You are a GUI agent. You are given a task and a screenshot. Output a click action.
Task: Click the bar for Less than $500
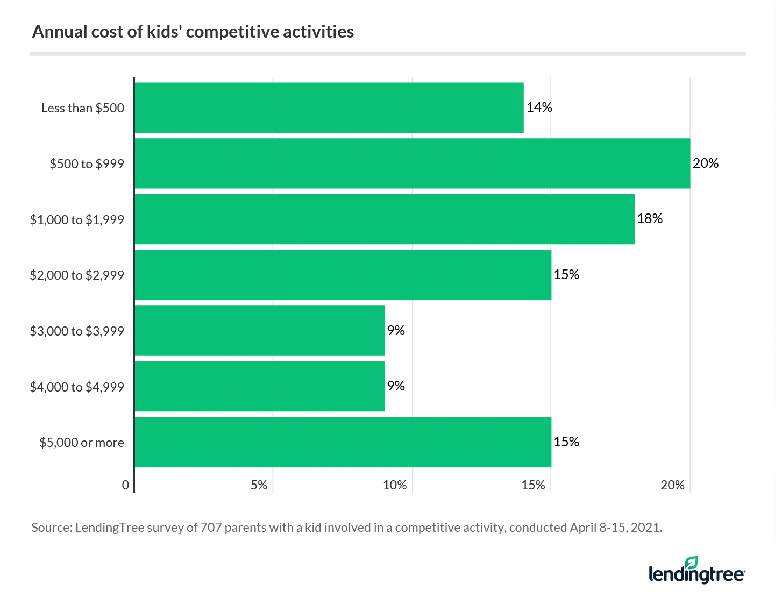[329, 108]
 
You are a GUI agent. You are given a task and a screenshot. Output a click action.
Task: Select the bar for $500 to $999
[412, 163]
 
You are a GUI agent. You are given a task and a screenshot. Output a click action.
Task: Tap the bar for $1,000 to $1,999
[384, 219]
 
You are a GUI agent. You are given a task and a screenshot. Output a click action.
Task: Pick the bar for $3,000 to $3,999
[259, 331]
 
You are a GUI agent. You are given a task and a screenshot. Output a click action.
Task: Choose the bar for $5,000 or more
[343, 442]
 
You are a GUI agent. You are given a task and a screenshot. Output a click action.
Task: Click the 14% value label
[539, 108]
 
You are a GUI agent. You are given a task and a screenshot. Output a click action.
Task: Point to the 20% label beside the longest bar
[705, 163]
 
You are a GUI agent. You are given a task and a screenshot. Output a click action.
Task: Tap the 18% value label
[650, 219]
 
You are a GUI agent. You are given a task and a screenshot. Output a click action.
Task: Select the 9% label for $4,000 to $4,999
[396, 386]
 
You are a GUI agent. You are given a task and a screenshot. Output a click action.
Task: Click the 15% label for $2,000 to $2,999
[566, 275]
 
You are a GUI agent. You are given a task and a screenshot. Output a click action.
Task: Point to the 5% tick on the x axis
[259, 485]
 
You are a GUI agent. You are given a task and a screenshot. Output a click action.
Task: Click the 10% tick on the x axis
[395, 485]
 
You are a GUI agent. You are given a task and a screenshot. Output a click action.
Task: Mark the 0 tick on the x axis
[125, 485]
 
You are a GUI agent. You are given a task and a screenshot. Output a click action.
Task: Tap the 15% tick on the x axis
[533, 485]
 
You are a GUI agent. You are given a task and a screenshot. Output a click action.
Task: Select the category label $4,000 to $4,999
[77, 387]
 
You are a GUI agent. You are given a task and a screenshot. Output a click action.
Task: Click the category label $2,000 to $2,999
[77, 275]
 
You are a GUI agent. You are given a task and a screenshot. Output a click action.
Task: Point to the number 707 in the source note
[211, 528]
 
